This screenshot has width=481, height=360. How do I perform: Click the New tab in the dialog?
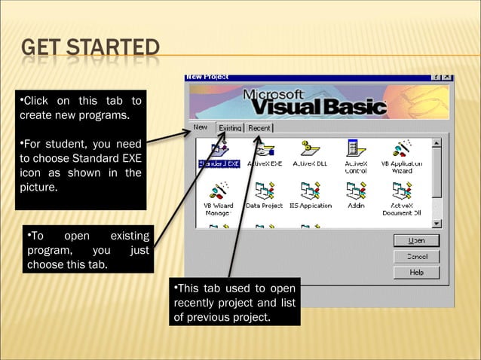201,127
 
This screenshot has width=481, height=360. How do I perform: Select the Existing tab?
230,128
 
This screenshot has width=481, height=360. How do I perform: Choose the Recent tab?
259,128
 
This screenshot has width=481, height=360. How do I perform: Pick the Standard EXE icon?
219,150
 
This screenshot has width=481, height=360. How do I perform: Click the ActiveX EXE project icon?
264,150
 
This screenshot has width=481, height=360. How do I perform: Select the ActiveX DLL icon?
309,150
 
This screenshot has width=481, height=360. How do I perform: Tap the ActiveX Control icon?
356,150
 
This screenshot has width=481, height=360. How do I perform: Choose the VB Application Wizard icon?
401,150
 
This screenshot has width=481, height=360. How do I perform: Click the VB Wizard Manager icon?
219,192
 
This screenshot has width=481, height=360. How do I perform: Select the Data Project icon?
264,192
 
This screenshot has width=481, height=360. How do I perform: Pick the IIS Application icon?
309,192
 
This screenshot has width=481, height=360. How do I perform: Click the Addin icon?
356,192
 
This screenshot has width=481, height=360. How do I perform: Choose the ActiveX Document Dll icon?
401,192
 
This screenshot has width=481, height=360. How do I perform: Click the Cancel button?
416,256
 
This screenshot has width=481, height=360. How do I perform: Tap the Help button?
416,272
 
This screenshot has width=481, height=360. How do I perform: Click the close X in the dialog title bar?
448,77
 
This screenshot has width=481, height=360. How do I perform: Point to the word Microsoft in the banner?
273,95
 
